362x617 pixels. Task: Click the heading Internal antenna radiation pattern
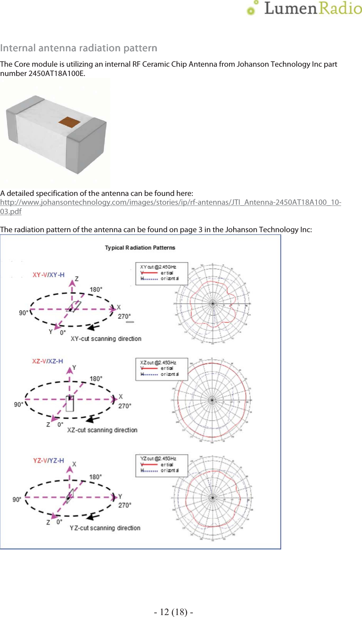click(x=79, y=48)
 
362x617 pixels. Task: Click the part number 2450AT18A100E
click(x=56, y=73)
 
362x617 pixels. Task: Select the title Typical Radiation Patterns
click(x=140, y=248)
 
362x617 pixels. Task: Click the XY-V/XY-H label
click(x=49, y=275)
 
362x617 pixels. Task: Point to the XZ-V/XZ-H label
click(x=47, y=361)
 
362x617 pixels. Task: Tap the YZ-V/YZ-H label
click(x=49, y=460)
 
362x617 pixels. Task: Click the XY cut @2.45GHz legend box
click(x=162, y=273)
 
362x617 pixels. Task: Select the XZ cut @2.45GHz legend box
click(x=162, y=369)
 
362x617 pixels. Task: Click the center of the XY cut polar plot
click(x=212, y=303)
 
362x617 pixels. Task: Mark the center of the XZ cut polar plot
click(x=212, y=400)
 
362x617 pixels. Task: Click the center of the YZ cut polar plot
click(x=212, y=497)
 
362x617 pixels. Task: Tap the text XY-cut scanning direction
click(x=106, y=339)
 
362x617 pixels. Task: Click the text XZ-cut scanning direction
click(x=102, y=430)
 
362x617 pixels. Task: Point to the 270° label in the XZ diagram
click(x=125, y=406)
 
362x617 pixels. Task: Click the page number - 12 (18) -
click(x=173, y=612)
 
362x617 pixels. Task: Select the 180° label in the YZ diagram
click(x=96, y=477)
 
